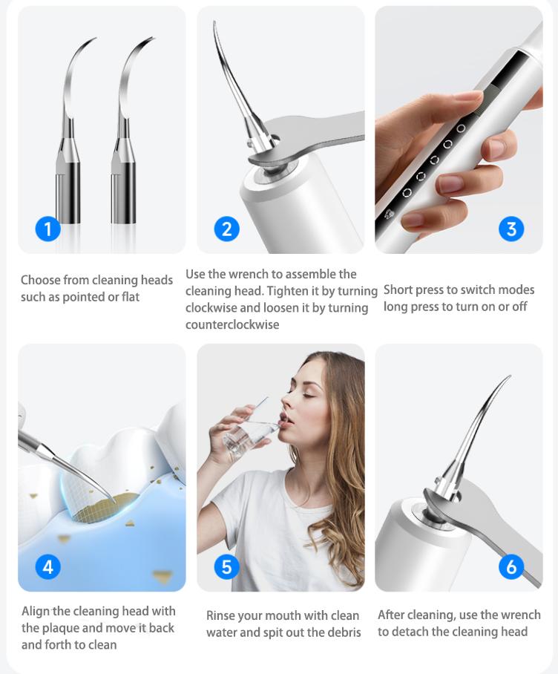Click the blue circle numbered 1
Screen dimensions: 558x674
[x=47, y=229]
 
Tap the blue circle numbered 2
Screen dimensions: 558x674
[x=226, y=229]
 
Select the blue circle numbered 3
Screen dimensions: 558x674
[x=511, y=229]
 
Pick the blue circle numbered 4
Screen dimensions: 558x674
[x=47, y=566]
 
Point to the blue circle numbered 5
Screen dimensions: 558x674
[x=226, y=566]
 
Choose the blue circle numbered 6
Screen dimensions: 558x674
[x=511, y=566]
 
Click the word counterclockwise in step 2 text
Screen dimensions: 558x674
[x=232, y=324]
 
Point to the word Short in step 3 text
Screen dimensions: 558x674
[x=398, y=289]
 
